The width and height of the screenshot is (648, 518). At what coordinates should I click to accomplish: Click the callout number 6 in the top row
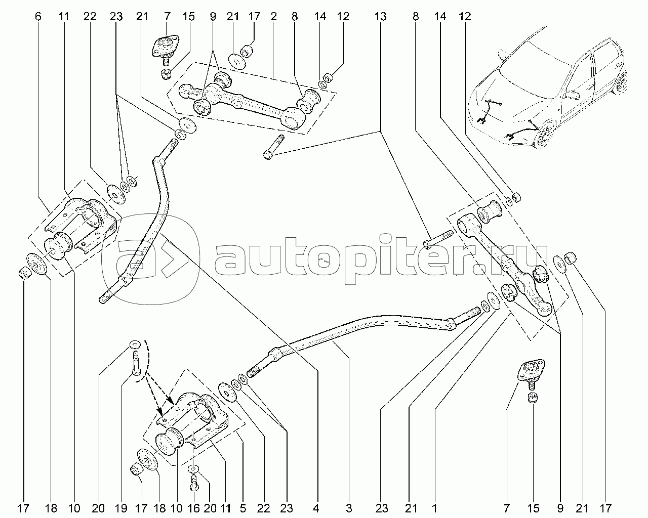pos(37,17)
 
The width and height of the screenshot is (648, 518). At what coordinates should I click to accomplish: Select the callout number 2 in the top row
pos(273,17)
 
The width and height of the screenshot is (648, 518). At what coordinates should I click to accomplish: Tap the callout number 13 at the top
pos(381,17)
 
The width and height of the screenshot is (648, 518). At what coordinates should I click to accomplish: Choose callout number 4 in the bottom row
pos(316,507)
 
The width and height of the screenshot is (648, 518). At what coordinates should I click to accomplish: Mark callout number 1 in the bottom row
pos(434,507)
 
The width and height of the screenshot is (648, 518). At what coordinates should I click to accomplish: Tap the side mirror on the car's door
pos(573,95)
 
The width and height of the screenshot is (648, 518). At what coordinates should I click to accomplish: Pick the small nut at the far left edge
pos(23,274)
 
